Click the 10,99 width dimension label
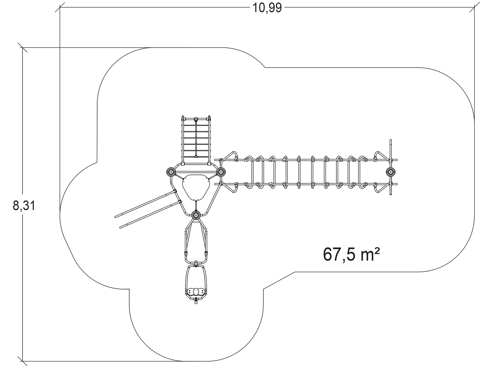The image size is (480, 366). pyautogui.click(x=267, y=8)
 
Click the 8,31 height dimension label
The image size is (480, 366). pyautogui.click(x=24, y=206)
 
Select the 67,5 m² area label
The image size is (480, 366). pyautogui.click(x=351, y=254)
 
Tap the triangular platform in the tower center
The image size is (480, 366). pyautogui.click(x=196, y=187)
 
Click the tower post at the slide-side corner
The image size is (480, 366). pyautogui.click(x=171, y=172)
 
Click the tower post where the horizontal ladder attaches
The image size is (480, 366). pyautogui.click(x=221, y=172)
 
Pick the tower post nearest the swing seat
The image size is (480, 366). pyautogui.click(x=196, y=215)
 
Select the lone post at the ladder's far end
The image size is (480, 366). pyautogui.click(x=391, y=172)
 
